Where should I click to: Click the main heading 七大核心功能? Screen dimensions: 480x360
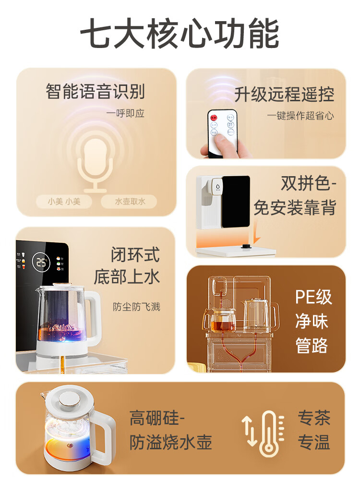click(x=180, y=35)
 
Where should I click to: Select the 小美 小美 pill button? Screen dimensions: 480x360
click(x=64, y=202)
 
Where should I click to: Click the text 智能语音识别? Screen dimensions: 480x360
click(x=95, y=91)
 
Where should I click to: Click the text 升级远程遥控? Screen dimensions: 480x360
click(x=284, y=95)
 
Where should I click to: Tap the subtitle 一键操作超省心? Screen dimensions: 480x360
click(x=300, y=116)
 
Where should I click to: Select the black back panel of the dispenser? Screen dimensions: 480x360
click(x=235, y=202)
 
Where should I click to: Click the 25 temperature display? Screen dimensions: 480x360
click(x=42, y=262)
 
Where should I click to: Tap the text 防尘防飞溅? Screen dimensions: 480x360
click(x=136, y=307)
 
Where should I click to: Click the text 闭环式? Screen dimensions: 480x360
click(x=135, y=255)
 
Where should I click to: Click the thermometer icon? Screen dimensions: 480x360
click(x=268, y=433)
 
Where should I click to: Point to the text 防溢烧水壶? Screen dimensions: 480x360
click(x=170, y=442)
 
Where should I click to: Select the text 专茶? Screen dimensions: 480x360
click(x=314, y=418)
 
